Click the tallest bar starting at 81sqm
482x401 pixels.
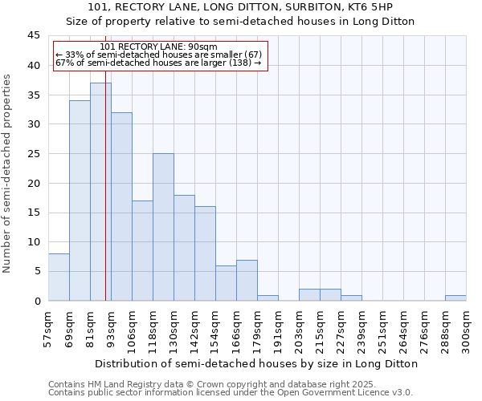pos(100,192)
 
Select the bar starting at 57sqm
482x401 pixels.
pos(59,277)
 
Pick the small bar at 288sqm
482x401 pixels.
pos(455,298)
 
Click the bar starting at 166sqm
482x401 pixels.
pos(247,280)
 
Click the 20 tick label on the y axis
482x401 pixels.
pos(34,183)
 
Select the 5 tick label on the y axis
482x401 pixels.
pos(37,272)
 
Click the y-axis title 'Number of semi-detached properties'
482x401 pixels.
pos(7,173)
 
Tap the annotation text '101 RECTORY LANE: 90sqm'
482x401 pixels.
pos(159,47)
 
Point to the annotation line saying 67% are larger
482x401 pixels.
pos(159,63)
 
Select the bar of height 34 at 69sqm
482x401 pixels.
pos(80,200)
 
